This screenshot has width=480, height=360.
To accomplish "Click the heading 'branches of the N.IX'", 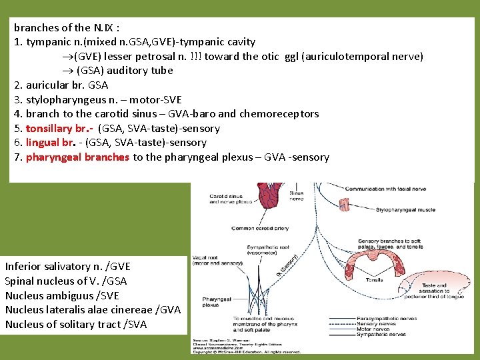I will [67, 27].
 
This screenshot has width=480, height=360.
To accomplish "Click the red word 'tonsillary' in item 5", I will [51, 128].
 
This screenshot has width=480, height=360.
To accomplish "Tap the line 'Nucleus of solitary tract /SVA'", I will [76, 325].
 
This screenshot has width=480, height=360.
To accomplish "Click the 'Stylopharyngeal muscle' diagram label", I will [405, 210].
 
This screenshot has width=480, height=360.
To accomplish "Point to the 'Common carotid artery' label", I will [261, 228].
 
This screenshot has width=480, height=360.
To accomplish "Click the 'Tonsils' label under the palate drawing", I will [374, 280].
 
